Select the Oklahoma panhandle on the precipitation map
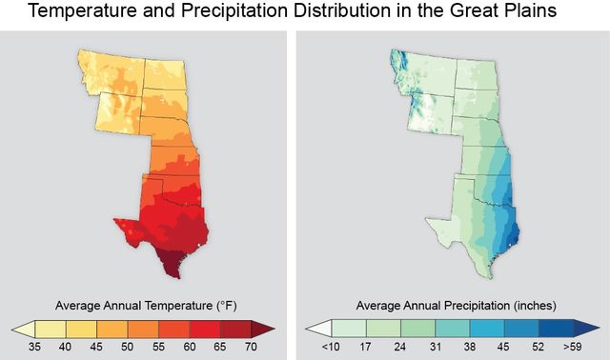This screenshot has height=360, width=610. tap(463, 179)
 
